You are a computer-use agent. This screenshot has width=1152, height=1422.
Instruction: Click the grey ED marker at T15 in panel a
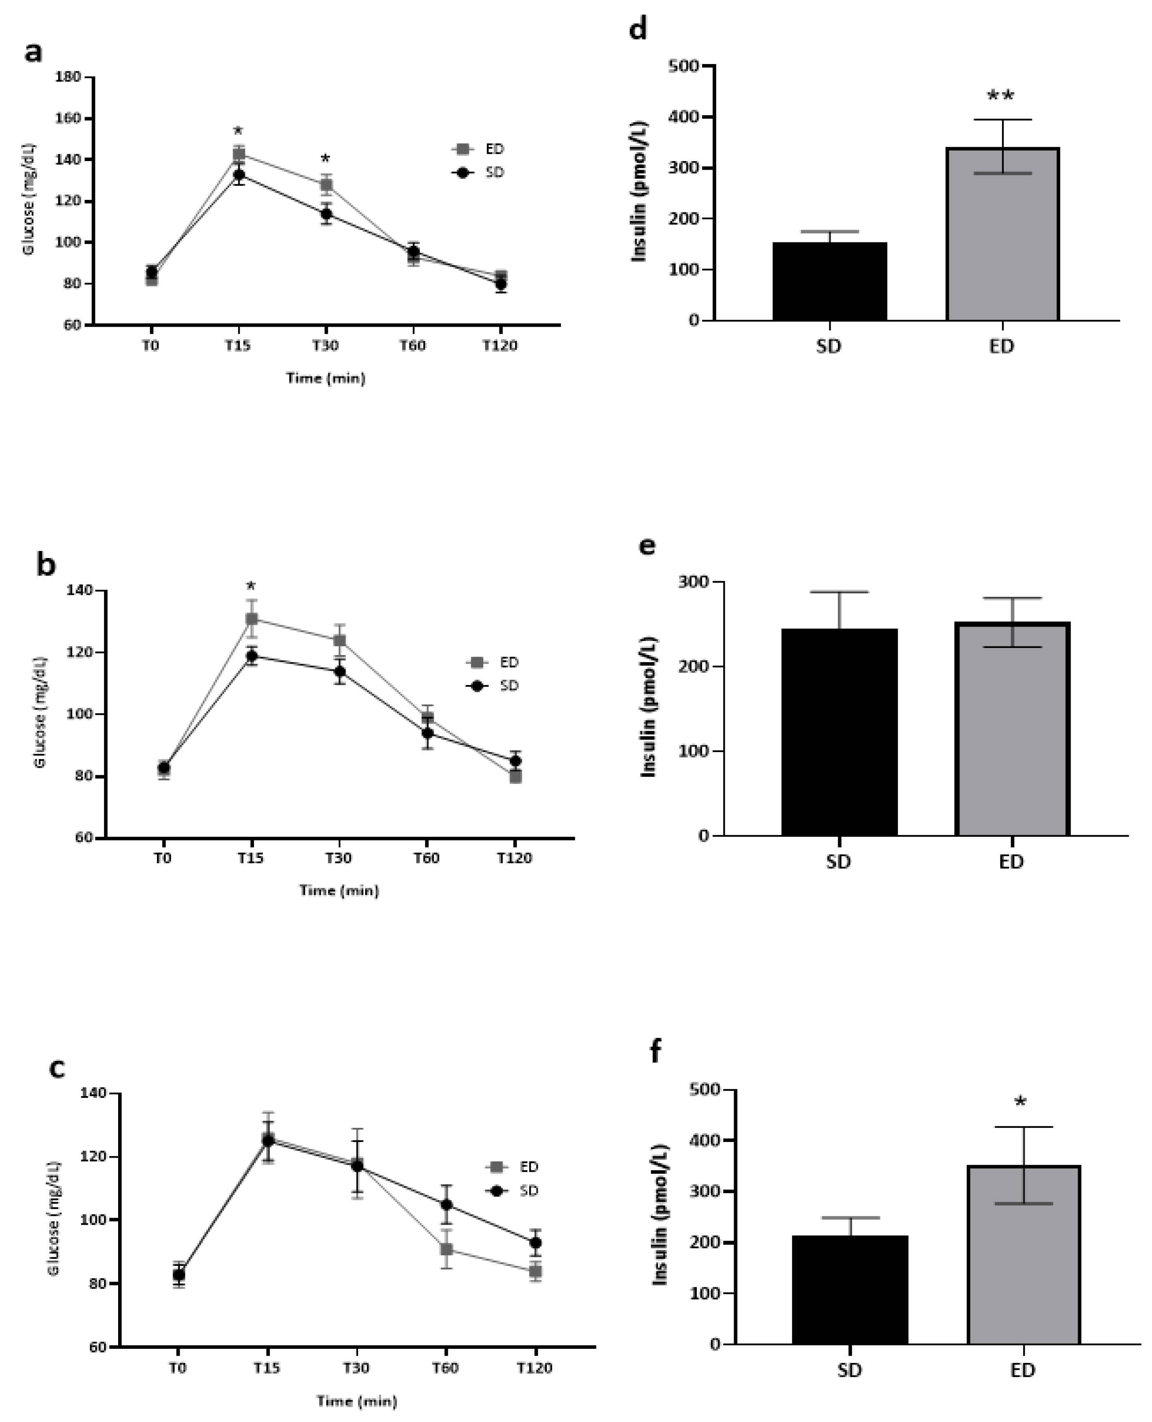[x=239, y=154]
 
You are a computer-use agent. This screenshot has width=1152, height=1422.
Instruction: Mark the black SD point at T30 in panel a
[x=326, y=214]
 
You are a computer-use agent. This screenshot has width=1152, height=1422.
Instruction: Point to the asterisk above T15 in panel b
[x=251, y=586]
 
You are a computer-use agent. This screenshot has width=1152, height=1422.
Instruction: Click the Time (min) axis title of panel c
[x=357, y=1401]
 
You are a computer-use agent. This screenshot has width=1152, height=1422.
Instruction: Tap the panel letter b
[x=46, y=565]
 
